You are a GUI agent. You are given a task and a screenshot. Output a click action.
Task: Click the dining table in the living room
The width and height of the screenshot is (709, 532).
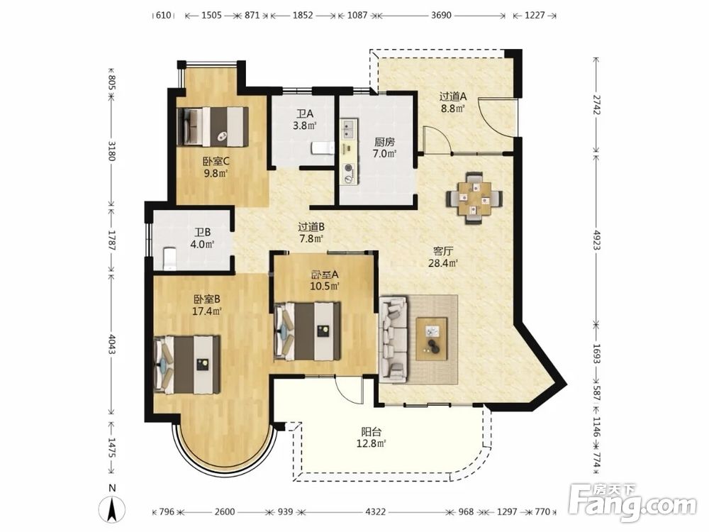(474, 198)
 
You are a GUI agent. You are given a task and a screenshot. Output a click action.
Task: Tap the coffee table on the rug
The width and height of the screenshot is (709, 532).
(432, 339)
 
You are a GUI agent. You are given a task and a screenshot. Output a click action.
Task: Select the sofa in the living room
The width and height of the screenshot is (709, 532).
(393, 339)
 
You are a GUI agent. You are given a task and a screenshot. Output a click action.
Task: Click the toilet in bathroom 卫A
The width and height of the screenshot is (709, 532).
(323, 148)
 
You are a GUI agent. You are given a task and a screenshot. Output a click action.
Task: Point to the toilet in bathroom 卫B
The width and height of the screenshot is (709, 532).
(169, 259)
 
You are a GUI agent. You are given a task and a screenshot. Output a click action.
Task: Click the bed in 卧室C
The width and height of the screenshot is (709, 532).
(213, 127)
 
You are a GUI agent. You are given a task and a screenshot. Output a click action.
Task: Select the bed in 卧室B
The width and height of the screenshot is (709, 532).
(187, 365)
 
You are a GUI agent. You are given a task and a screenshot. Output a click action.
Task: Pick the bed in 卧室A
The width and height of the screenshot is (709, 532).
(308, 331)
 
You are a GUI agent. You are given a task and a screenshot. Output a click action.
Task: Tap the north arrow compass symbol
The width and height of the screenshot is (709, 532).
(113, 507)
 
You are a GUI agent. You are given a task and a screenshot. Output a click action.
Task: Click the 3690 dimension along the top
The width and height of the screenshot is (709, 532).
(441, 15)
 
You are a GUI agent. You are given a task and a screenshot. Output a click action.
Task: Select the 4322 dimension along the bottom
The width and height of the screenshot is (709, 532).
(376, 511)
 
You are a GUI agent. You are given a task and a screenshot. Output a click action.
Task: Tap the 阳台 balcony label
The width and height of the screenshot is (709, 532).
(371, 431)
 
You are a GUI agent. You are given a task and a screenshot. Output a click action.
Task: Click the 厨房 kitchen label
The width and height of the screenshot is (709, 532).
(384, 142)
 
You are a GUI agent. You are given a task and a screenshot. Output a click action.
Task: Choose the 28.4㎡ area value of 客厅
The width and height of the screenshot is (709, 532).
(443, 263)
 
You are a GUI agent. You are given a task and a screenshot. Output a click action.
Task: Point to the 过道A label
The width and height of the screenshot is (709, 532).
(452, 96)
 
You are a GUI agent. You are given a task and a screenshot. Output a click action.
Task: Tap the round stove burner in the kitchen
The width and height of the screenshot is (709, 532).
(348, 169)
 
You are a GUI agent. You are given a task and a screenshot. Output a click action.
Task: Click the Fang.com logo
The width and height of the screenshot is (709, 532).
(632, 503)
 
